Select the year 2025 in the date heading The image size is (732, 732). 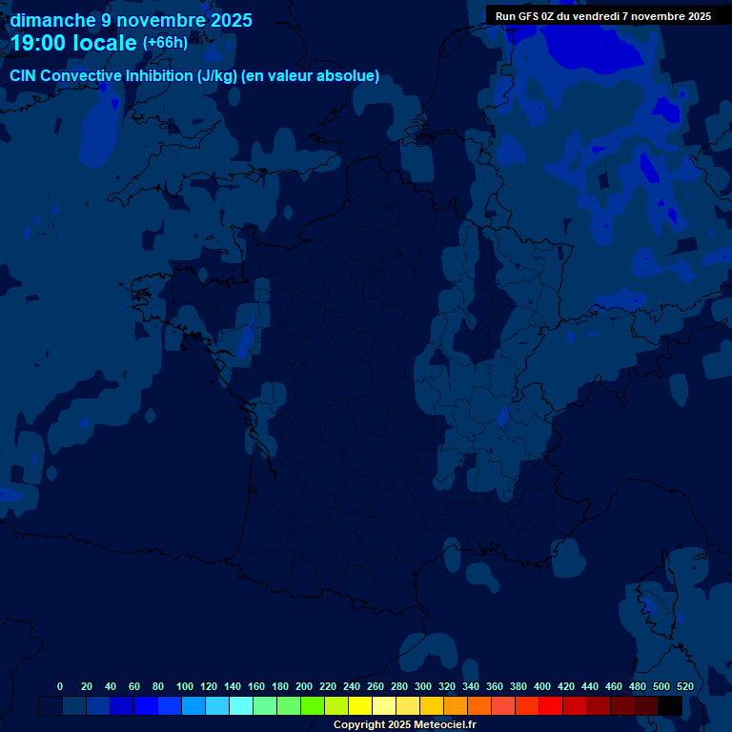coord(225,20)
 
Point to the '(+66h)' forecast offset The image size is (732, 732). coord(165,43)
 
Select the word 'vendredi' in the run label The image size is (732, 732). coord(605,15)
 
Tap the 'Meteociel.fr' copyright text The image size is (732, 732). coord(445,724)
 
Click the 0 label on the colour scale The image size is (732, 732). coord(60,686)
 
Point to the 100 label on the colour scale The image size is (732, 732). coord(185,686)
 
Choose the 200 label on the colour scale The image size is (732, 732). coord(304,686)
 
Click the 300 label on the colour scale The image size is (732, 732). coord(423,686)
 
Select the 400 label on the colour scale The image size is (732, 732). coord(542,686)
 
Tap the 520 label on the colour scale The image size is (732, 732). coord(685,686)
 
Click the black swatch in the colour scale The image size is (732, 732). coord(670,705)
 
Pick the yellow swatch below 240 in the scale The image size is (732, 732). coord(360,705)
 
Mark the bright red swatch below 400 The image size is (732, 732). coord(551,705)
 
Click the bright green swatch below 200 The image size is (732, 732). coord(313,705)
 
